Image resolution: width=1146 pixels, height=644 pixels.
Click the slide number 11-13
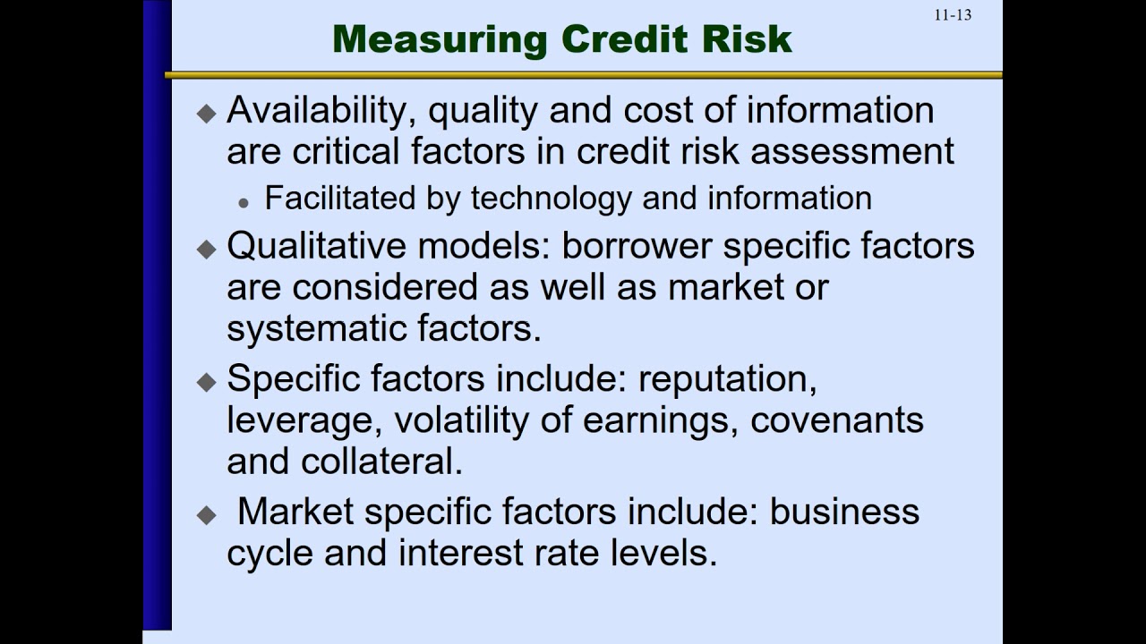point(953,15)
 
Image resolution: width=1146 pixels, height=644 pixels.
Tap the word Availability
point(321,111)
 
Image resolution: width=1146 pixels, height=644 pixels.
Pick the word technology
point(551,198)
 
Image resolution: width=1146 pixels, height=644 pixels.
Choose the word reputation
point(728,379)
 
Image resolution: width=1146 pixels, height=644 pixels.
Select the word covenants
point(837,420)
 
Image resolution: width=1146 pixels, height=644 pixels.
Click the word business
point(845,512)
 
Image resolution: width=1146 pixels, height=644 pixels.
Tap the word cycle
point(269,553)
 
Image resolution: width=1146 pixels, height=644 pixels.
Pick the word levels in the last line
point(665,553)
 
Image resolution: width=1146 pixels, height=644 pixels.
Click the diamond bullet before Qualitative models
point(207,249)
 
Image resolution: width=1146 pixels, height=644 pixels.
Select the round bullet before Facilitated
point(244,203)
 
